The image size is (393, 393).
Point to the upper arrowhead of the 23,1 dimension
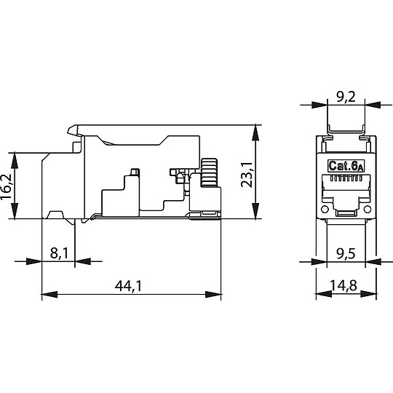coord(255,130)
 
